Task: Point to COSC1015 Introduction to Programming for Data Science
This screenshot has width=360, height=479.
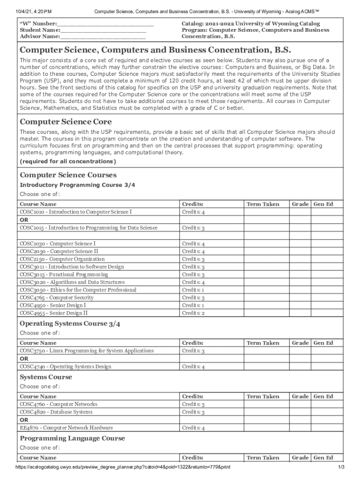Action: [88, 228]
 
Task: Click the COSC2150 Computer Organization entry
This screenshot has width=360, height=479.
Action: [62, 259]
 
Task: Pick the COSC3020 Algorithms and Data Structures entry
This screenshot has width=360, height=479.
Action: [72, 282]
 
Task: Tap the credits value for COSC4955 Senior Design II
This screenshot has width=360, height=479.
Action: [193, 313]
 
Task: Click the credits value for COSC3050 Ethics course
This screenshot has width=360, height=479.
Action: [193, 290]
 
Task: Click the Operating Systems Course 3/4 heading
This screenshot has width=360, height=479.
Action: [70, 324]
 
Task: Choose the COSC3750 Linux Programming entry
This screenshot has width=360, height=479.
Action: [86, 351]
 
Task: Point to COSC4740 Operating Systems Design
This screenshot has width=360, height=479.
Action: [65, 367]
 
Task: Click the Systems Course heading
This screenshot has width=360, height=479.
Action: [46, 377]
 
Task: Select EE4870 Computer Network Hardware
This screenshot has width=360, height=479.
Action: [66, 428]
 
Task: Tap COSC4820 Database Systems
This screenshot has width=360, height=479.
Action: [56, 412]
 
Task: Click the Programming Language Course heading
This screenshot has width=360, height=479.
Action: [72, 438]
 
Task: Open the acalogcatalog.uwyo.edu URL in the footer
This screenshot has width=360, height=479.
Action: [122, 467]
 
